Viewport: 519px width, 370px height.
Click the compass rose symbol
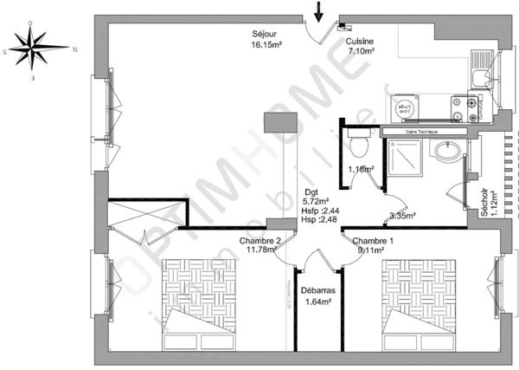[x=35, y=49]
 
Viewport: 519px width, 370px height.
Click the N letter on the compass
[x=75, y=49]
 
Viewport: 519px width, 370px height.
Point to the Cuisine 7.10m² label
[x=361, y=46]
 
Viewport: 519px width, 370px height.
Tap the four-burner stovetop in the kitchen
[x=471, y=108]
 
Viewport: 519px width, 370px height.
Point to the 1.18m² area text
[x=360, y=169]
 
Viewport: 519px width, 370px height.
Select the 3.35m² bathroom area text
[x=403, y=216]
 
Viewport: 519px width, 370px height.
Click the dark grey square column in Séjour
[x=280, y=122]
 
